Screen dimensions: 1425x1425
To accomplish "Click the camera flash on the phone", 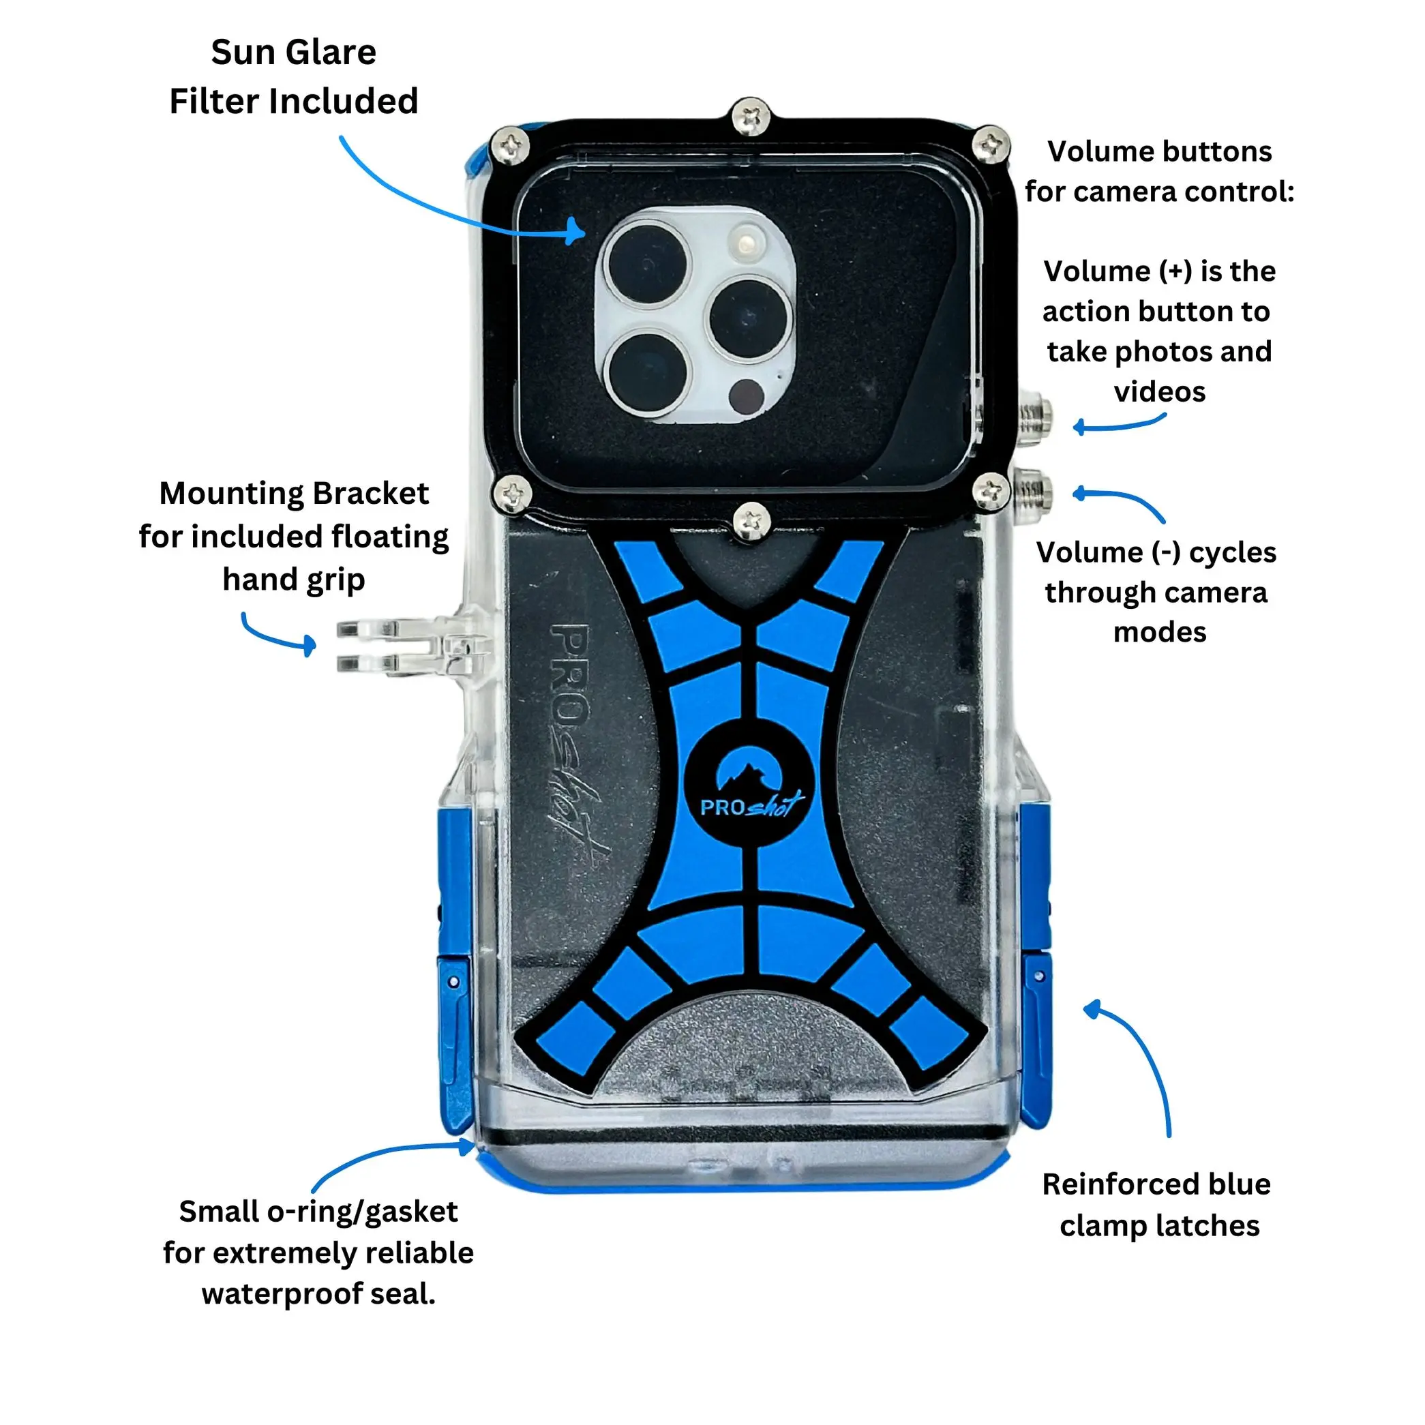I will [747, 241].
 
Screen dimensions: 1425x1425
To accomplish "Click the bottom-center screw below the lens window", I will [751, 522].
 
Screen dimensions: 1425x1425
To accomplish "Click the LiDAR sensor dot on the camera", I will [746, 396].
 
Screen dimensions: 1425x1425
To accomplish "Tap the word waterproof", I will [282, 1293].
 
